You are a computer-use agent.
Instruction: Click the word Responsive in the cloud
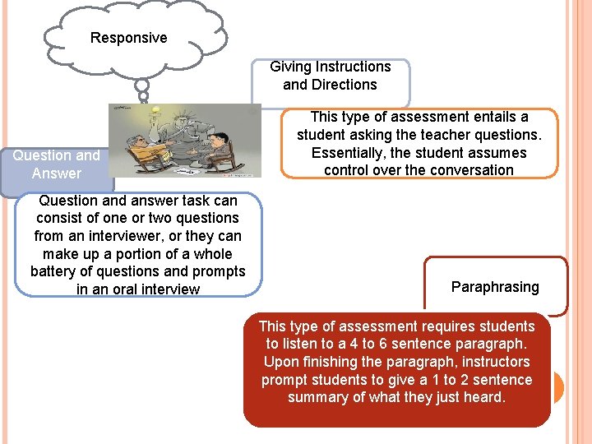(x=128, y=38)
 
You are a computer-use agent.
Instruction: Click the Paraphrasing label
(x=495, y=287)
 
